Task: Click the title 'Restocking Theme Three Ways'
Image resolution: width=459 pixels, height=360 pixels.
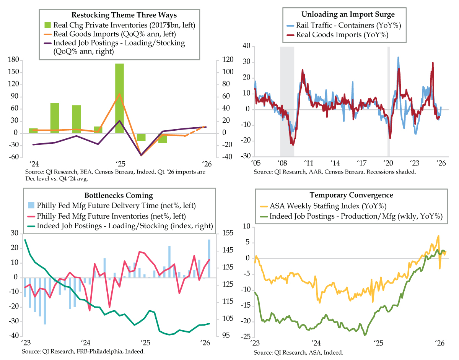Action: coord(119,16)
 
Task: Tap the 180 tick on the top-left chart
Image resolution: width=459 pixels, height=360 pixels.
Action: coord(13,60)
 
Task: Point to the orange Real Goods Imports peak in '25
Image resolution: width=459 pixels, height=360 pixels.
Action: coord(119,94)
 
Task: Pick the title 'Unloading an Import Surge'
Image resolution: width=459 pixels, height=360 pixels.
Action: coord(348,15)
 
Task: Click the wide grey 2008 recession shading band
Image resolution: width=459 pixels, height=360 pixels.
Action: coord(287,101)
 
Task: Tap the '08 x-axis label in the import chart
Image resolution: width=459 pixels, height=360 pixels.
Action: coord(282,162)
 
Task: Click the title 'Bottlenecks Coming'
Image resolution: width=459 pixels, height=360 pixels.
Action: coord(119,196)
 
